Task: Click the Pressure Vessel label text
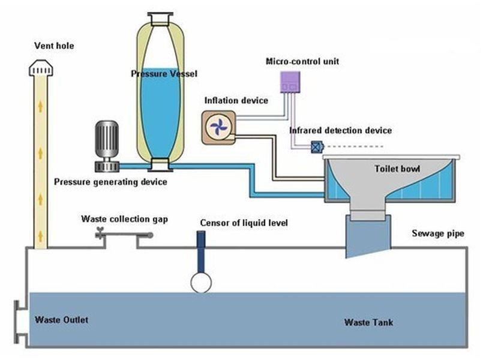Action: pyautogui.click(x=164, y=74)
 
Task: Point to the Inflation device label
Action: pyautogui.click(x=236, y=100)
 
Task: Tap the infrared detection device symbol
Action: pyautogui.click(x=316, y=146)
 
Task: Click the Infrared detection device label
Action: pyautogui.click(x=340, y=130)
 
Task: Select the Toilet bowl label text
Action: pyautogui.click(x=397, y=169)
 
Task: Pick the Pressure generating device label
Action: pyautogui.click(x=110, y=182)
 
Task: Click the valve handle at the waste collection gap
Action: pyautogui.click(x=100, y=233)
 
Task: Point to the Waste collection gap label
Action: pyautogui.click(x=124, y=219)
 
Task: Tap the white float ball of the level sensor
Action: pyautogui.click(x=200, y=282)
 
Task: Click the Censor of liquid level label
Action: pyautogui.click(x=244, y=223)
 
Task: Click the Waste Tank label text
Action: pyautogui.click(x=368, y=323)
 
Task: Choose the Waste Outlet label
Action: pyautogui.click(x=61, y=320)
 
